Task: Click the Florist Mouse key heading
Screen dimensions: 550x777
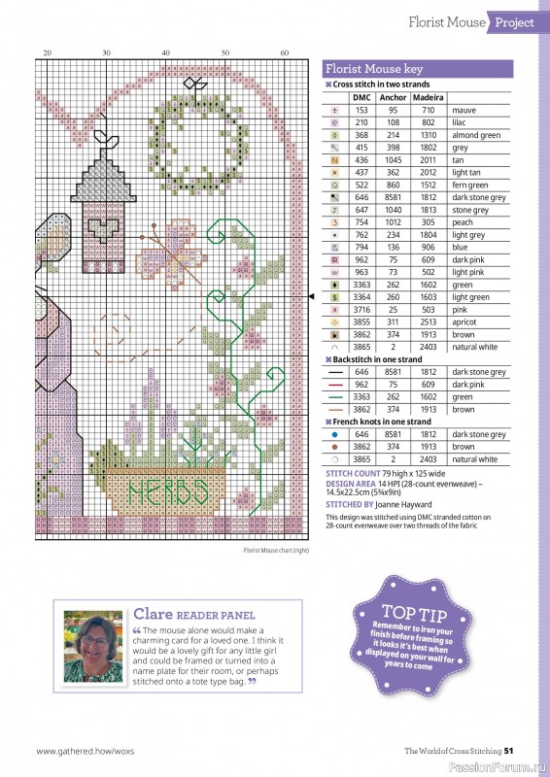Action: (x=374, y=70)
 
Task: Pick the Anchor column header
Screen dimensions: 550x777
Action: (x=393, y=98)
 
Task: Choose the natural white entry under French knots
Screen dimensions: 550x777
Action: (x=474, y=459)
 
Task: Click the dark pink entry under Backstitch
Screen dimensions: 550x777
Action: (x=469, y=385)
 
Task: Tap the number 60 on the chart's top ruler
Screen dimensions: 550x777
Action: (x=285, y=52)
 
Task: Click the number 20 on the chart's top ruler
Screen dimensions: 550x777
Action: (x=46, y=52)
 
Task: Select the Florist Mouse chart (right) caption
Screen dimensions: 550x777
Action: (x=276, y=551)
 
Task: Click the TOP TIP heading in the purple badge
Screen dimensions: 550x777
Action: (x=414, y=612)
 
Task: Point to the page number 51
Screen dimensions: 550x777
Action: (x=522, y=750)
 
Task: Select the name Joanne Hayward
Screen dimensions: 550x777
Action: (x=405, y=505)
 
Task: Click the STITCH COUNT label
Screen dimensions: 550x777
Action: (x=353, y=473)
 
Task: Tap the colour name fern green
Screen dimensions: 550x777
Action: (x=471, y=185)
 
